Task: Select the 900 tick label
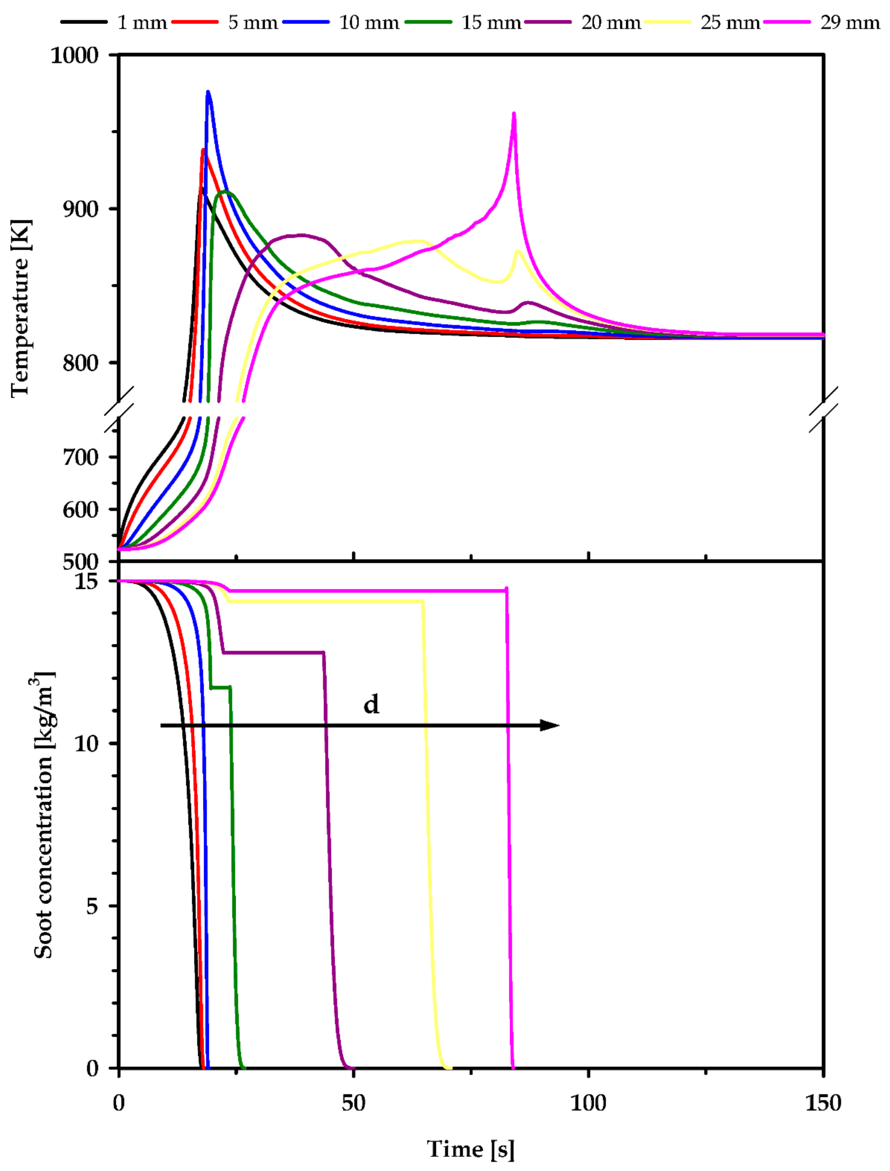pyautogui.click(x=81, y=209)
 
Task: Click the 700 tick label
pyautogui.click(x=81, y=456)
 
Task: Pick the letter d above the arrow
pyautogui.click(x=371, y=704)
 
